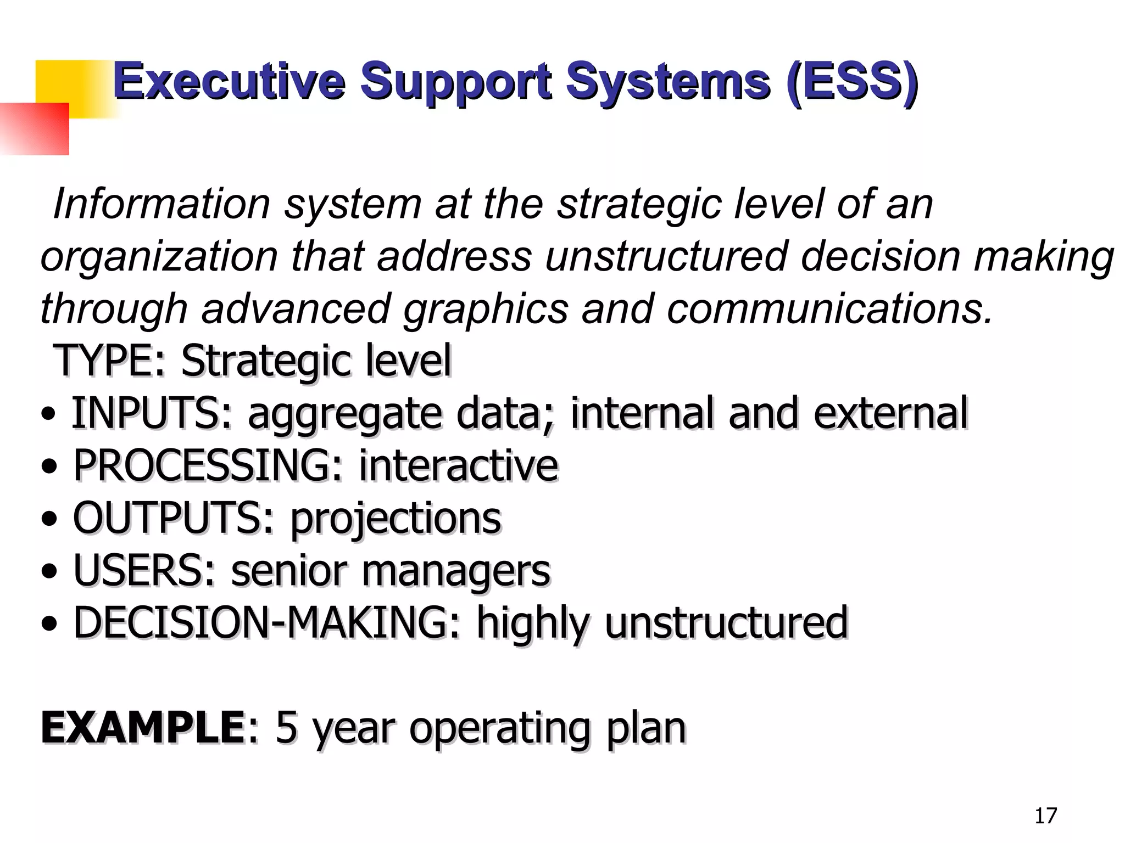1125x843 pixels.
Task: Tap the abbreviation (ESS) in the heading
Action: [852, 82]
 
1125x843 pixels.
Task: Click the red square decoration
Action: [34, 129]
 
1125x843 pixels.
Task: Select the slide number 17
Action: [1045, 816]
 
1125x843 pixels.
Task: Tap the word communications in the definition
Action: [829, 308]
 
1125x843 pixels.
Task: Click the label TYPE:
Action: [110, 361]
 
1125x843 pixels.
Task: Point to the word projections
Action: [396, 519]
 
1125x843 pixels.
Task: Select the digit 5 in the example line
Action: [286, 728]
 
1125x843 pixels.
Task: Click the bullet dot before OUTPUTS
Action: [49, 519]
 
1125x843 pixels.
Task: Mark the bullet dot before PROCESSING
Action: [49, 467]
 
